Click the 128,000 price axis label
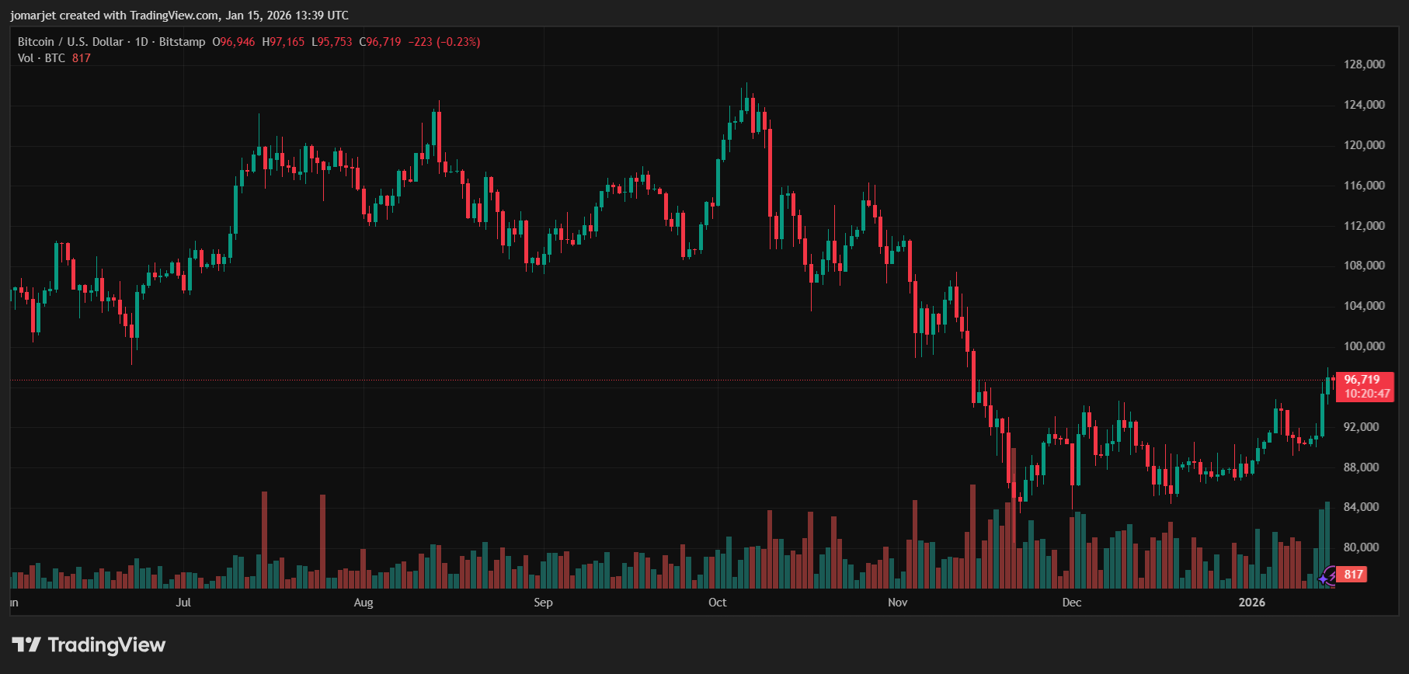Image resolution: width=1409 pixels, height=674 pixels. (1364, 64)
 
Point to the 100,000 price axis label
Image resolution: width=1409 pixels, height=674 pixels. (1364, 346)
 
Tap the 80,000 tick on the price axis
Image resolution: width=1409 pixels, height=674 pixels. (1361, 547)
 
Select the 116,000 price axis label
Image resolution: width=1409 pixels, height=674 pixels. (1364, 186)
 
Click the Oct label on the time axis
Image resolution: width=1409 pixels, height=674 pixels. (717, 603)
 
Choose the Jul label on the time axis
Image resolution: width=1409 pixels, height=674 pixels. (183, 603)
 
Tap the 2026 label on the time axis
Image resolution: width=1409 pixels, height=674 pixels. (1251, 603)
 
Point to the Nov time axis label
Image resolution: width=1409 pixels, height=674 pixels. (897, 603)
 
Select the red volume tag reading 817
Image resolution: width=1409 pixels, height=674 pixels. (1353, 575)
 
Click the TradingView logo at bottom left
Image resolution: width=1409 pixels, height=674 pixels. (89, 644)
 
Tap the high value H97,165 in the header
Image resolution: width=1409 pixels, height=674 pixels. (284, 42)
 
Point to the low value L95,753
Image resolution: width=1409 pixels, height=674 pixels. (332, 42)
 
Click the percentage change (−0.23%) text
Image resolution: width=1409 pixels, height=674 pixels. (458, 42)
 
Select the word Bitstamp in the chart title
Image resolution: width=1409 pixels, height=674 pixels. (183, 42)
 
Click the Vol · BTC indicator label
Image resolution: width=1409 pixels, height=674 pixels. (41, 58)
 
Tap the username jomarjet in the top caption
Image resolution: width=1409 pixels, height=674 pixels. (33, 16)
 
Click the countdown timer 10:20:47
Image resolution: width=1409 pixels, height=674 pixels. (1367, 394)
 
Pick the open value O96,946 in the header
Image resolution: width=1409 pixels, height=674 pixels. (234, 42)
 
